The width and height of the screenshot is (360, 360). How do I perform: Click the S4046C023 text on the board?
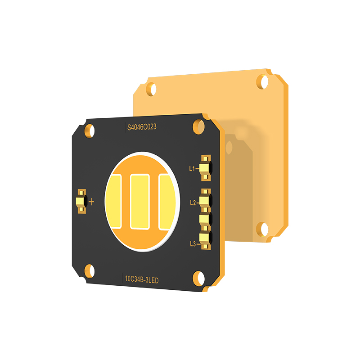(142, 127)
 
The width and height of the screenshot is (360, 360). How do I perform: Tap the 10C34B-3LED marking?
(142, 279)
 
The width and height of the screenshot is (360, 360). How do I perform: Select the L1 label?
(192, 169)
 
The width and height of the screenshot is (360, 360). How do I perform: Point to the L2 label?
(193, 203)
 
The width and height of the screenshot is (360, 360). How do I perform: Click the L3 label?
(193, 243)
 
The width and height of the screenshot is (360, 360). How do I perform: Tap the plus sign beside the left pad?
(91, 202)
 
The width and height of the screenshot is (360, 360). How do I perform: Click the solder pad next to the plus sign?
(81, 201)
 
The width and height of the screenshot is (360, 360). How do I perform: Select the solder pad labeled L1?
(206, 168)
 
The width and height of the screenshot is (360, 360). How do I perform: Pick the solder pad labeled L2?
(205, 200)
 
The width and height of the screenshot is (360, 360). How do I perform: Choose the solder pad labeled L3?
(206, 239)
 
